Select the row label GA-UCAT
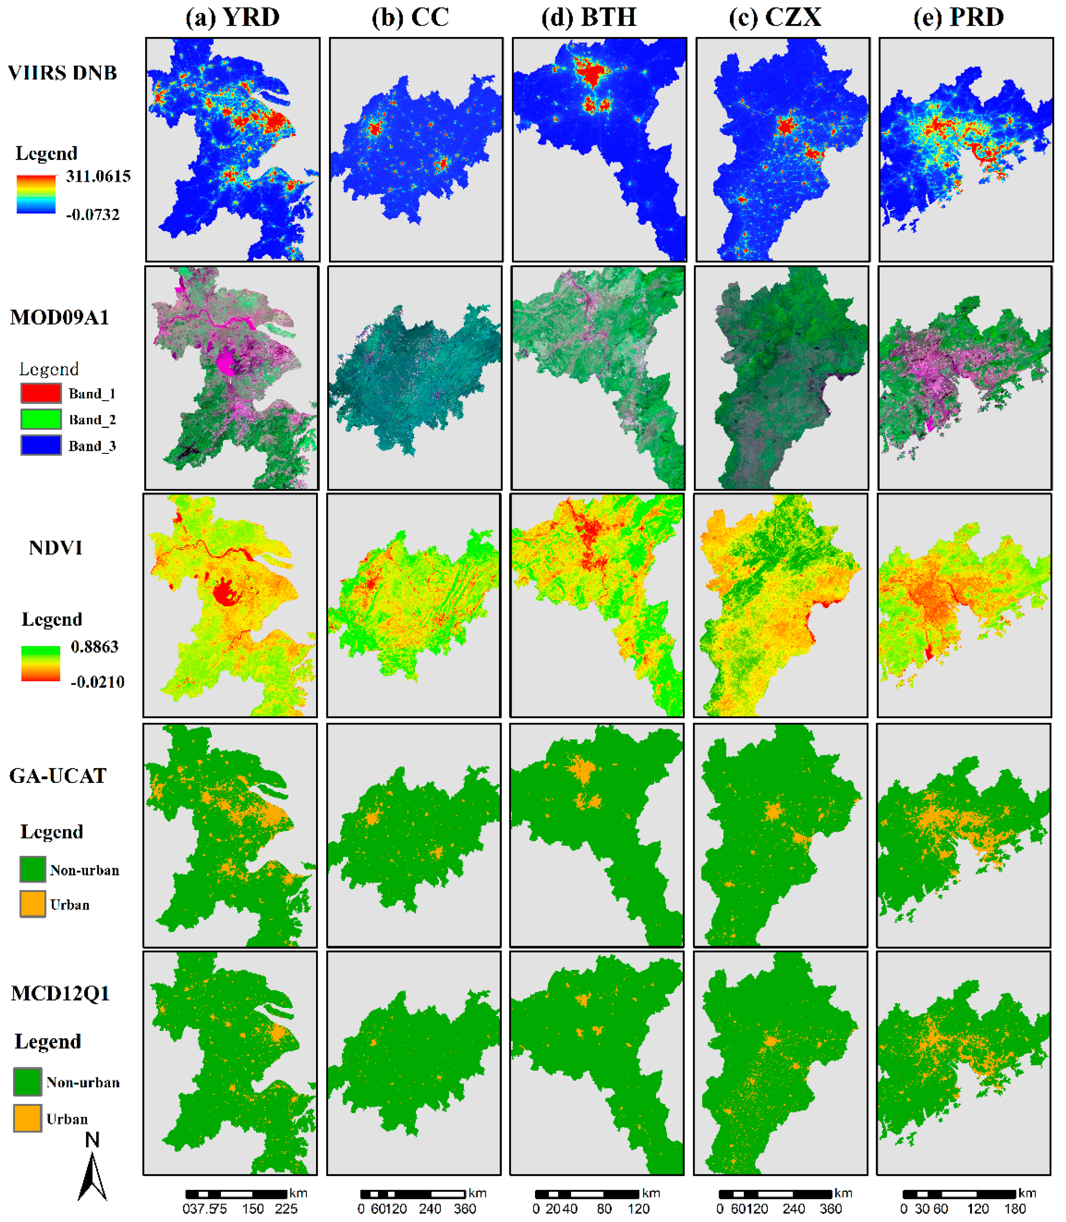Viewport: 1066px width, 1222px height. pyautogui.click(x=58, y=776)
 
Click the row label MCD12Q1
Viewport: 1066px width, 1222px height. pyautogui.click(x=60, y=994)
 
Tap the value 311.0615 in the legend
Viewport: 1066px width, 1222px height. pyautogui.click(x=98, y=176)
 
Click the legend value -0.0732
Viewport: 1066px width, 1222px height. pyautogui.click(x=93, y=215)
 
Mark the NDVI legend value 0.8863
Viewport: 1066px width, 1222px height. pyautogui.click(x=95, y=647)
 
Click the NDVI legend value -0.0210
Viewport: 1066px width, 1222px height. pyautogui.click(x=97, y=682)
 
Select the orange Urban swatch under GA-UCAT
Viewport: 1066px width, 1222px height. pyautogui.click(x=32, y=904)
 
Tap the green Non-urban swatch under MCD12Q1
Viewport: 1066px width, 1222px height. pyautogui.click(x=27, y=1082)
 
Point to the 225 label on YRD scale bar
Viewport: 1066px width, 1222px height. pyautogui.click(x=286, y=1209)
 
